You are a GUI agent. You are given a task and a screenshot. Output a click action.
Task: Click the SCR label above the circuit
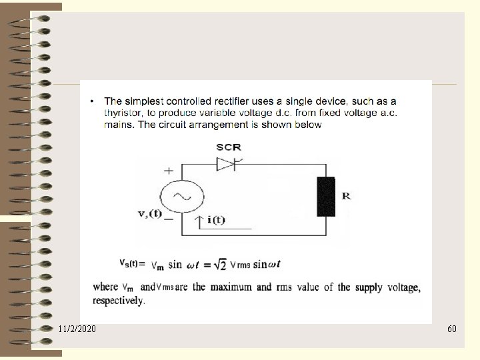(x=229, y=147)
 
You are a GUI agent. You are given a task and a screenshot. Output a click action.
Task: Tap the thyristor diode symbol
(x=227, y=163)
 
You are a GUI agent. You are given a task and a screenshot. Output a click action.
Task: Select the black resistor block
(x=326, y=197)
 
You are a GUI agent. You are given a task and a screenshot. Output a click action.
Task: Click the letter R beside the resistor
(x=346, y=196)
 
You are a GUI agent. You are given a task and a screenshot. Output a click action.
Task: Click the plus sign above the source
(x=169, y=171)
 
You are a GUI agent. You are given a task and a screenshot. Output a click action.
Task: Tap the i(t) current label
(x=215, y=220)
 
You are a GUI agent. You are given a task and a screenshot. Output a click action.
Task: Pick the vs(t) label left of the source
(x=149, y=214)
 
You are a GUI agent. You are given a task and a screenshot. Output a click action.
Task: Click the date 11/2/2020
(x=77, y=329)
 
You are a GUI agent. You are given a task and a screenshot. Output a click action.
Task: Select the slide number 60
(x=451, y=329)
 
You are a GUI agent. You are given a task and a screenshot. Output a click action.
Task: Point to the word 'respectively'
(x=118, y=301)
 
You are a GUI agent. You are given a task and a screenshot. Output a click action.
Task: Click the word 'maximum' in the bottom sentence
(x=231, y=287)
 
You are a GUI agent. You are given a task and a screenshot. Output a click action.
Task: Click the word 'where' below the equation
(x=105, y=287)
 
